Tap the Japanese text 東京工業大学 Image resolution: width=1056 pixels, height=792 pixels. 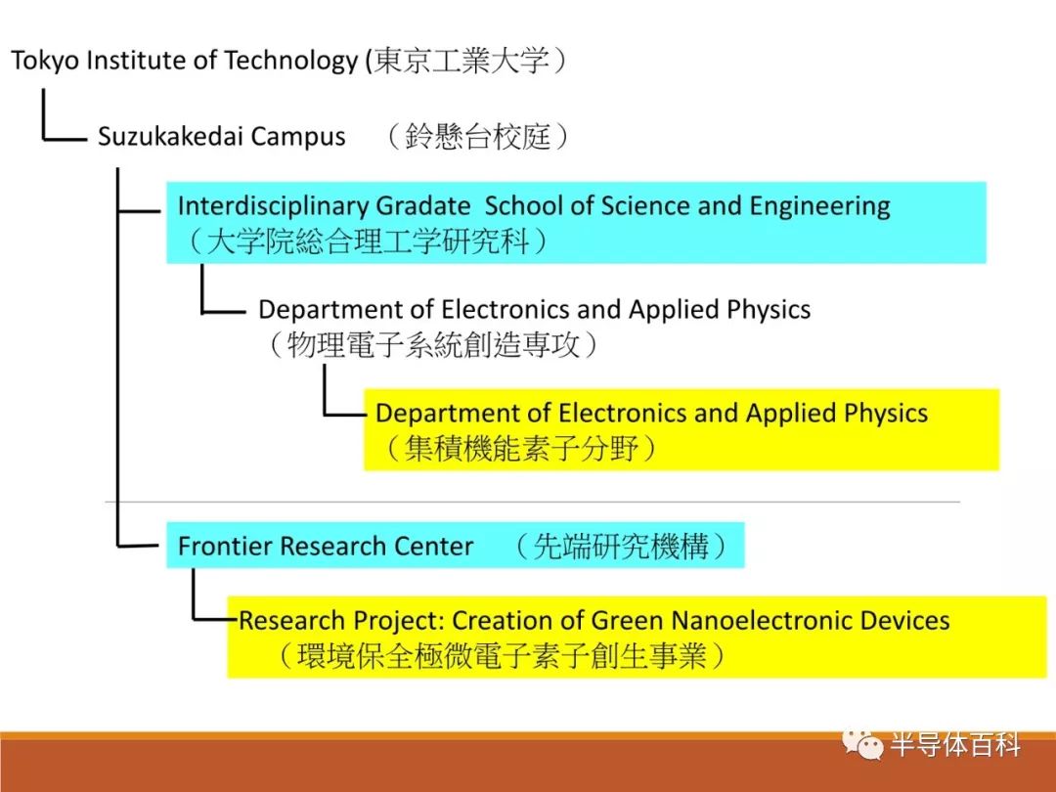point(462,61)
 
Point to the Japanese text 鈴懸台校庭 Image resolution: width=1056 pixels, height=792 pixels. point(478,136)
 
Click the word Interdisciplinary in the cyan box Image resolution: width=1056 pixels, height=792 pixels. point(273,206)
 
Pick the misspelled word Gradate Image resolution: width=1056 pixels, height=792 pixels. point(423,206)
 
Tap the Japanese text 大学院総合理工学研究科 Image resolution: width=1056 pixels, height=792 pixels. point(368,242)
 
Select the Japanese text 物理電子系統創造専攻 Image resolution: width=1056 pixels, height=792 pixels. point(433,344)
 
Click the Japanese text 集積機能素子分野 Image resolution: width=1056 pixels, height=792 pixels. point(521,448)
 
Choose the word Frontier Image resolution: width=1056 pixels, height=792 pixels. point(225,546)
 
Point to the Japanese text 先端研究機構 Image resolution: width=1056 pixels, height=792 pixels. point(621,547)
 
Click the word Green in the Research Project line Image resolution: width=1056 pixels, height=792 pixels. point(627,620)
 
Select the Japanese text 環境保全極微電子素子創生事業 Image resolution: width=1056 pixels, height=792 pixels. point(502,655)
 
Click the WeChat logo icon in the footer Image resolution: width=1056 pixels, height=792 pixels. point(862,744)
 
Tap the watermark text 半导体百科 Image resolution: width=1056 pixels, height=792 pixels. point(955,745)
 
